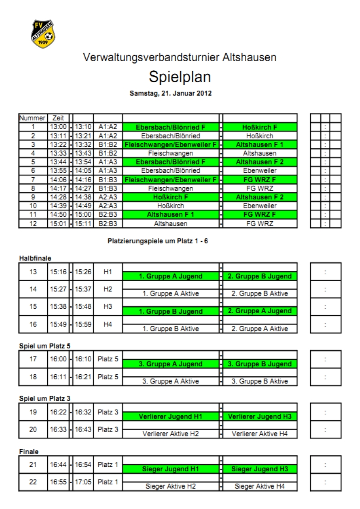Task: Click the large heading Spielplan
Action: pyautogui.click(x=180, y=78)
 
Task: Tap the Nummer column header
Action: pyautogui.click(x=32, y=118)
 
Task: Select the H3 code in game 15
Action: pyautogui.click(x=108, y=306)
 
